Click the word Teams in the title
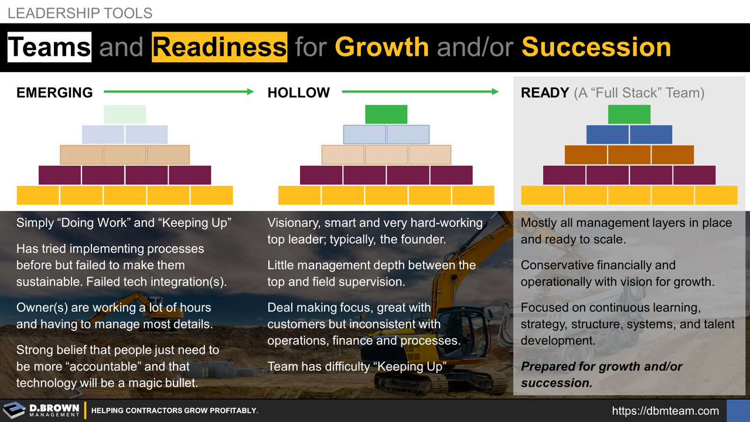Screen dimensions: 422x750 pos(49,47)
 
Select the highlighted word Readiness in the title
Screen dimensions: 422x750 pos(219,47)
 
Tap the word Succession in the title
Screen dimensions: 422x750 pos(596,47)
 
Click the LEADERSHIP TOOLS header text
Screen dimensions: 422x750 pos(80,13)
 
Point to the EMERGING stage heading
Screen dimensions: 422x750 pos(54,93)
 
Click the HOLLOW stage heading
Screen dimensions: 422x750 pos(298,93)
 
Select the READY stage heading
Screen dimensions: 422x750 pos(545,93)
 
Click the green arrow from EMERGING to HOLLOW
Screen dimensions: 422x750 pos(179,91)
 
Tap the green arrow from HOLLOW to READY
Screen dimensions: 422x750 pos(420,91)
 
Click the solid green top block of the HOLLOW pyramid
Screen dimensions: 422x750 pos(386,114)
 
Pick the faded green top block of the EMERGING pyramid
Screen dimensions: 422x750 pos(125,114)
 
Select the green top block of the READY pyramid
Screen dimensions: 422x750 pos(629,114)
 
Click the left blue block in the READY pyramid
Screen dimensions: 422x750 pos(608,135)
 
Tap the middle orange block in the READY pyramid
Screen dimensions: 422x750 pos(629,155)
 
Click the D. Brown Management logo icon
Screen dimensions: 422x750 pos(14,410)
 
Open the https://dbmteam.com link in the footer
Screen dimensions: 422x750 pos(665,411)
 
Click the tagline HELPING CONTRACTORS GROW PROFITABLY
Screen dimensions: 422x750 pos(175,411)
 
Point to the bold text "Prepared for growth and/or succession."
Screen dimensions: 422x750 pos(601,375)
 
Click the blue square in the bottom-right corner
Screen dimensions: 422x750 pos(738,411)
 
